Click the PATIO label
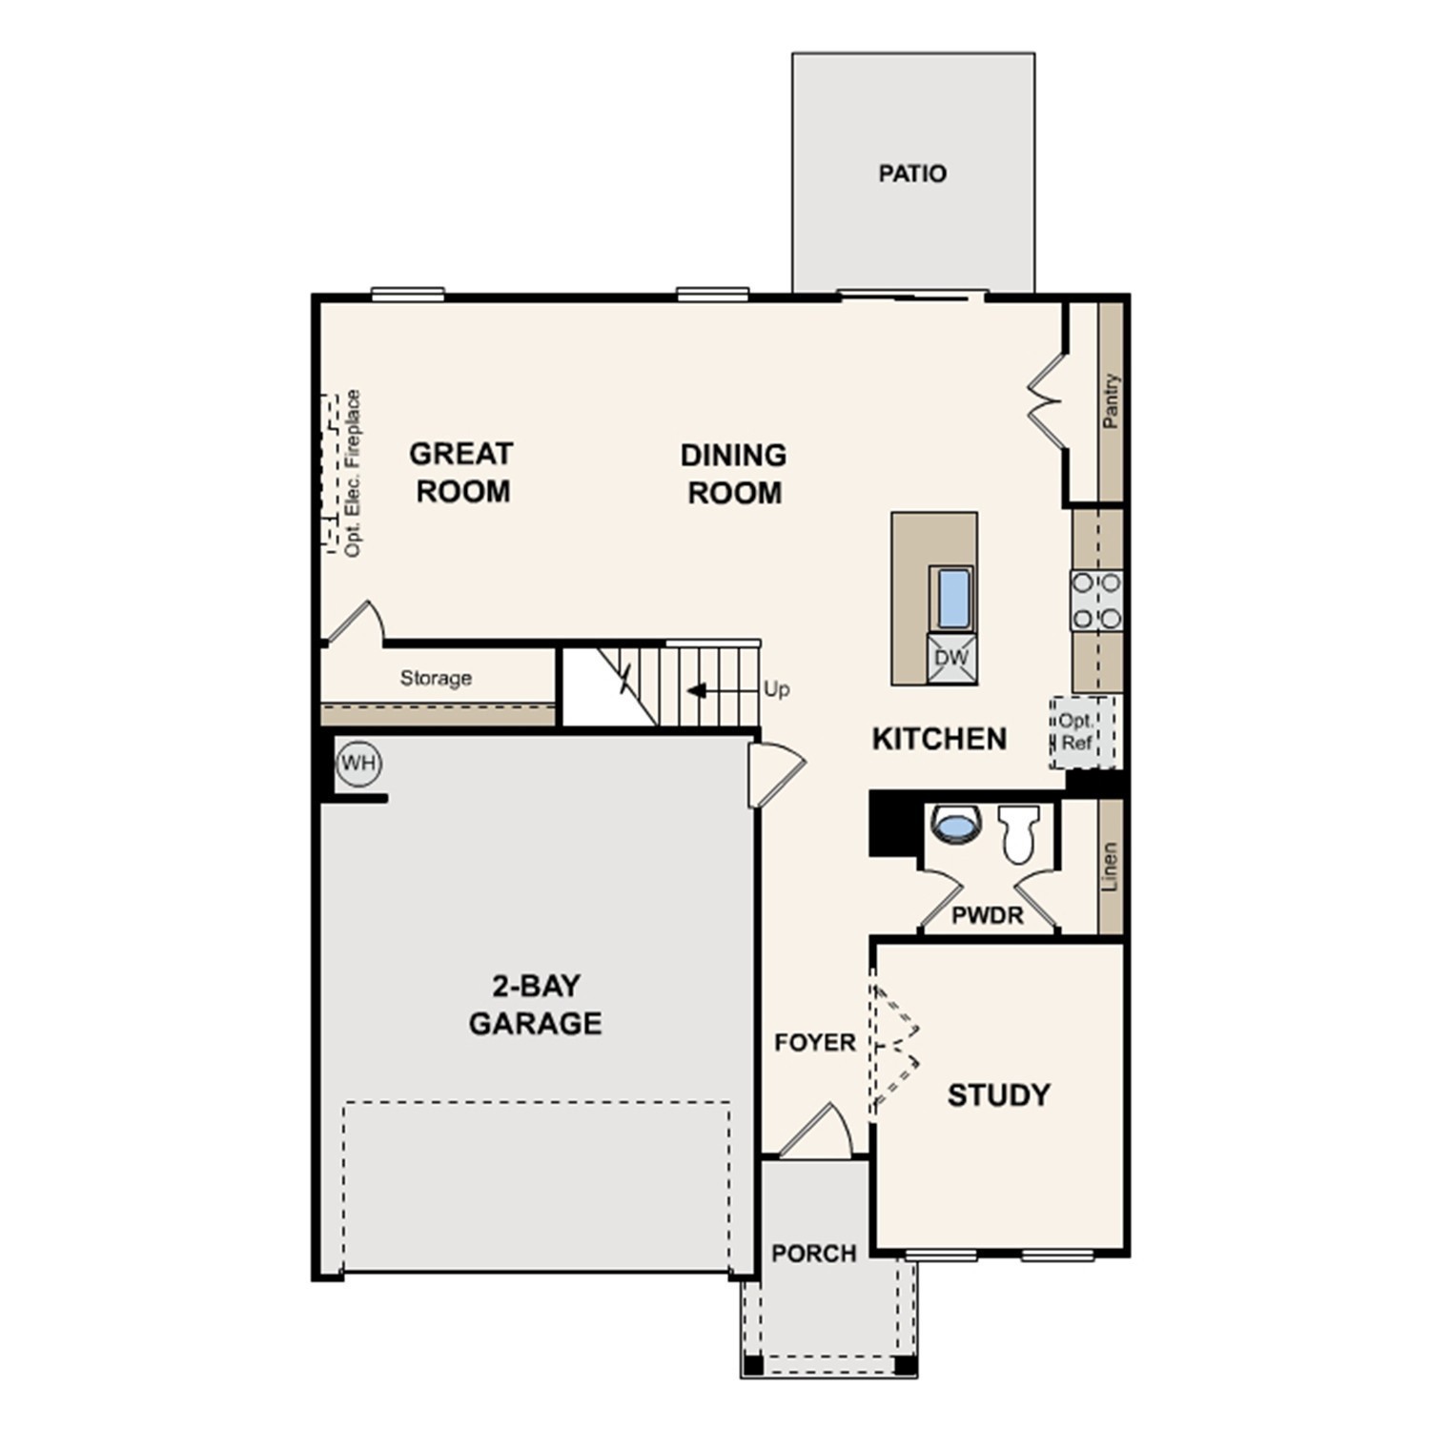pyautogui.click(x=912, y=174)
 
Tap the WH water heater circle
pyautogui.click(x=359, y=764)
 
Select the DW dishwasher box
pyautogui.click(x=951, y=658)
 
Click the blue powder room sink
pyautogui.click(x=956, y=824)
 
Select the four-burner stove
pyautogui.click(x=1096, y=601)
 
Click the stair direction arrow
pyautogui.click(x=698, y=689)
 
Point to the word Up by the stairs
pyautogui.click(x=776, y=689)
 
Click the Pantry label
pyautogui.click(x=1111, y=400)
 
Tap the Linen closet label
pyautogui.click(x=1110, y=867)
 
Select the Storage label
pyautogui.click(x=436, y=678)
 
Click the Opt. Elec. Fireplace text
pyautogui.click(x=353, y=473)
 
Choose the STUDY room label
pyautogui.click(x=998, y=1095)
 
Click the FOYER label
pyautogui.click(x=815, y=1043)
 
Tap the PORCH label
pyautogui.click(x=813, y=1253)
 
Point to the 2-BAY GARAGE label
pyautogui.click(x=535, y=1004)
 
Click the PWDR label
pyautogui.click(x=988, y=916)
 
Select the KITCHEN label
pyautogui.click(x=939, y=739)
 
